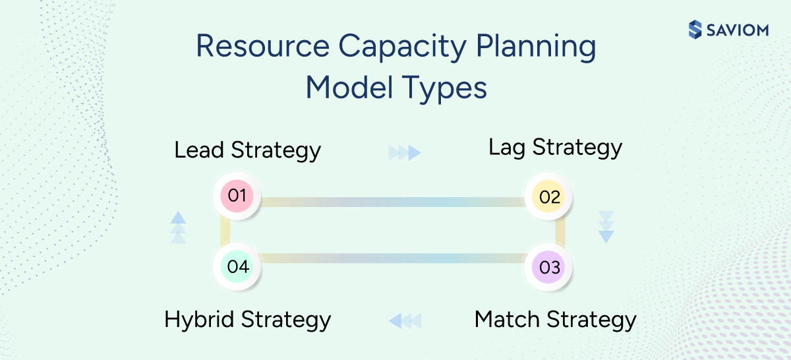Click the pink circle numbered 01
pyautogui.click(x=237, y=196)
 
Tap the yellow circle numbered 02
pyautogui.click(x=549, y=197)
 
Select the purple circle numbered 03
pyautogui.click(x=549, y=268)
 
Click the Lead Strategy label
pyautogui.click(x=247, y=150)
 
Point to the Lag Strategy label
pyautogui.click(x=555, y=148)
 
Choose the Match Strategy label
pyautogui.click(x=555, y=320)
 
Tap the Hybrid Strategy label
pyautogui.click(x=247, y=320)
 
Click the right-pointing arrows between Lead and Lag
pyautogui.click(x=405, y=153)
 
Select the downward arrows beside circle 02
pyautogui.click(x=606, y=227)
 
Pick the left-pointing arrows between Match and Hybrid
pyautogui.click(x=405, y=321)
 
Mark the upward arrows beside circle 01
pyautogui.click(x=178, y=227)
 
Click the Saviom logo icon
pyautogui.click(x=695, y=30)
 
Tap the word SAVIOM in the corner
pyautogui.click(x=738, y=30)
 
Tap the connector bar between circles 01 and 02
pyautogui.click(x=393, y=202)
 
